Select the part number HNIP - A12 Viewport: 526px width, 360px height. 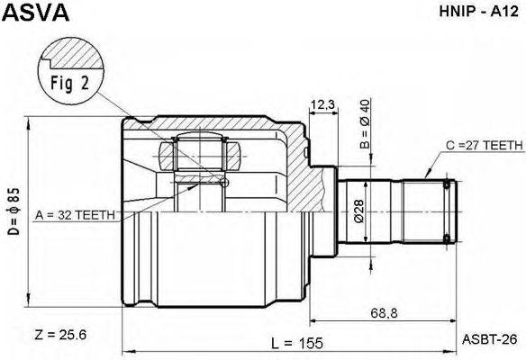coord(479,12)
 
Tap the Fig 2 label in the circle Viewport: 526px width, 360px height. coord(70,83)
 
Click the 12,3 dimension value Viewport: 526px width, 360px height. coord(322,105)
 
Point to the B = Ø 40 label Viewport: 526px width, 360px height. coord(365,124)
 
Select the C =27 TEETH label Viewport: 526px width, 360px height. coord(484,145)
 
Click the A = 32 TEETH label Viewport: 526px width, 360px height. coord(75,215)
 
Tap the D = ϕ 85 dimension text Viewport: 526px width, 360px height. coord(14,211)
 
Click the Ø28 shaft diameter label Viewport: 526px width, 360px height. coord(358,211)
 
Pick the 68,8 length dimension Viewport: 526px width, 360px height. coord(384,313)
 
